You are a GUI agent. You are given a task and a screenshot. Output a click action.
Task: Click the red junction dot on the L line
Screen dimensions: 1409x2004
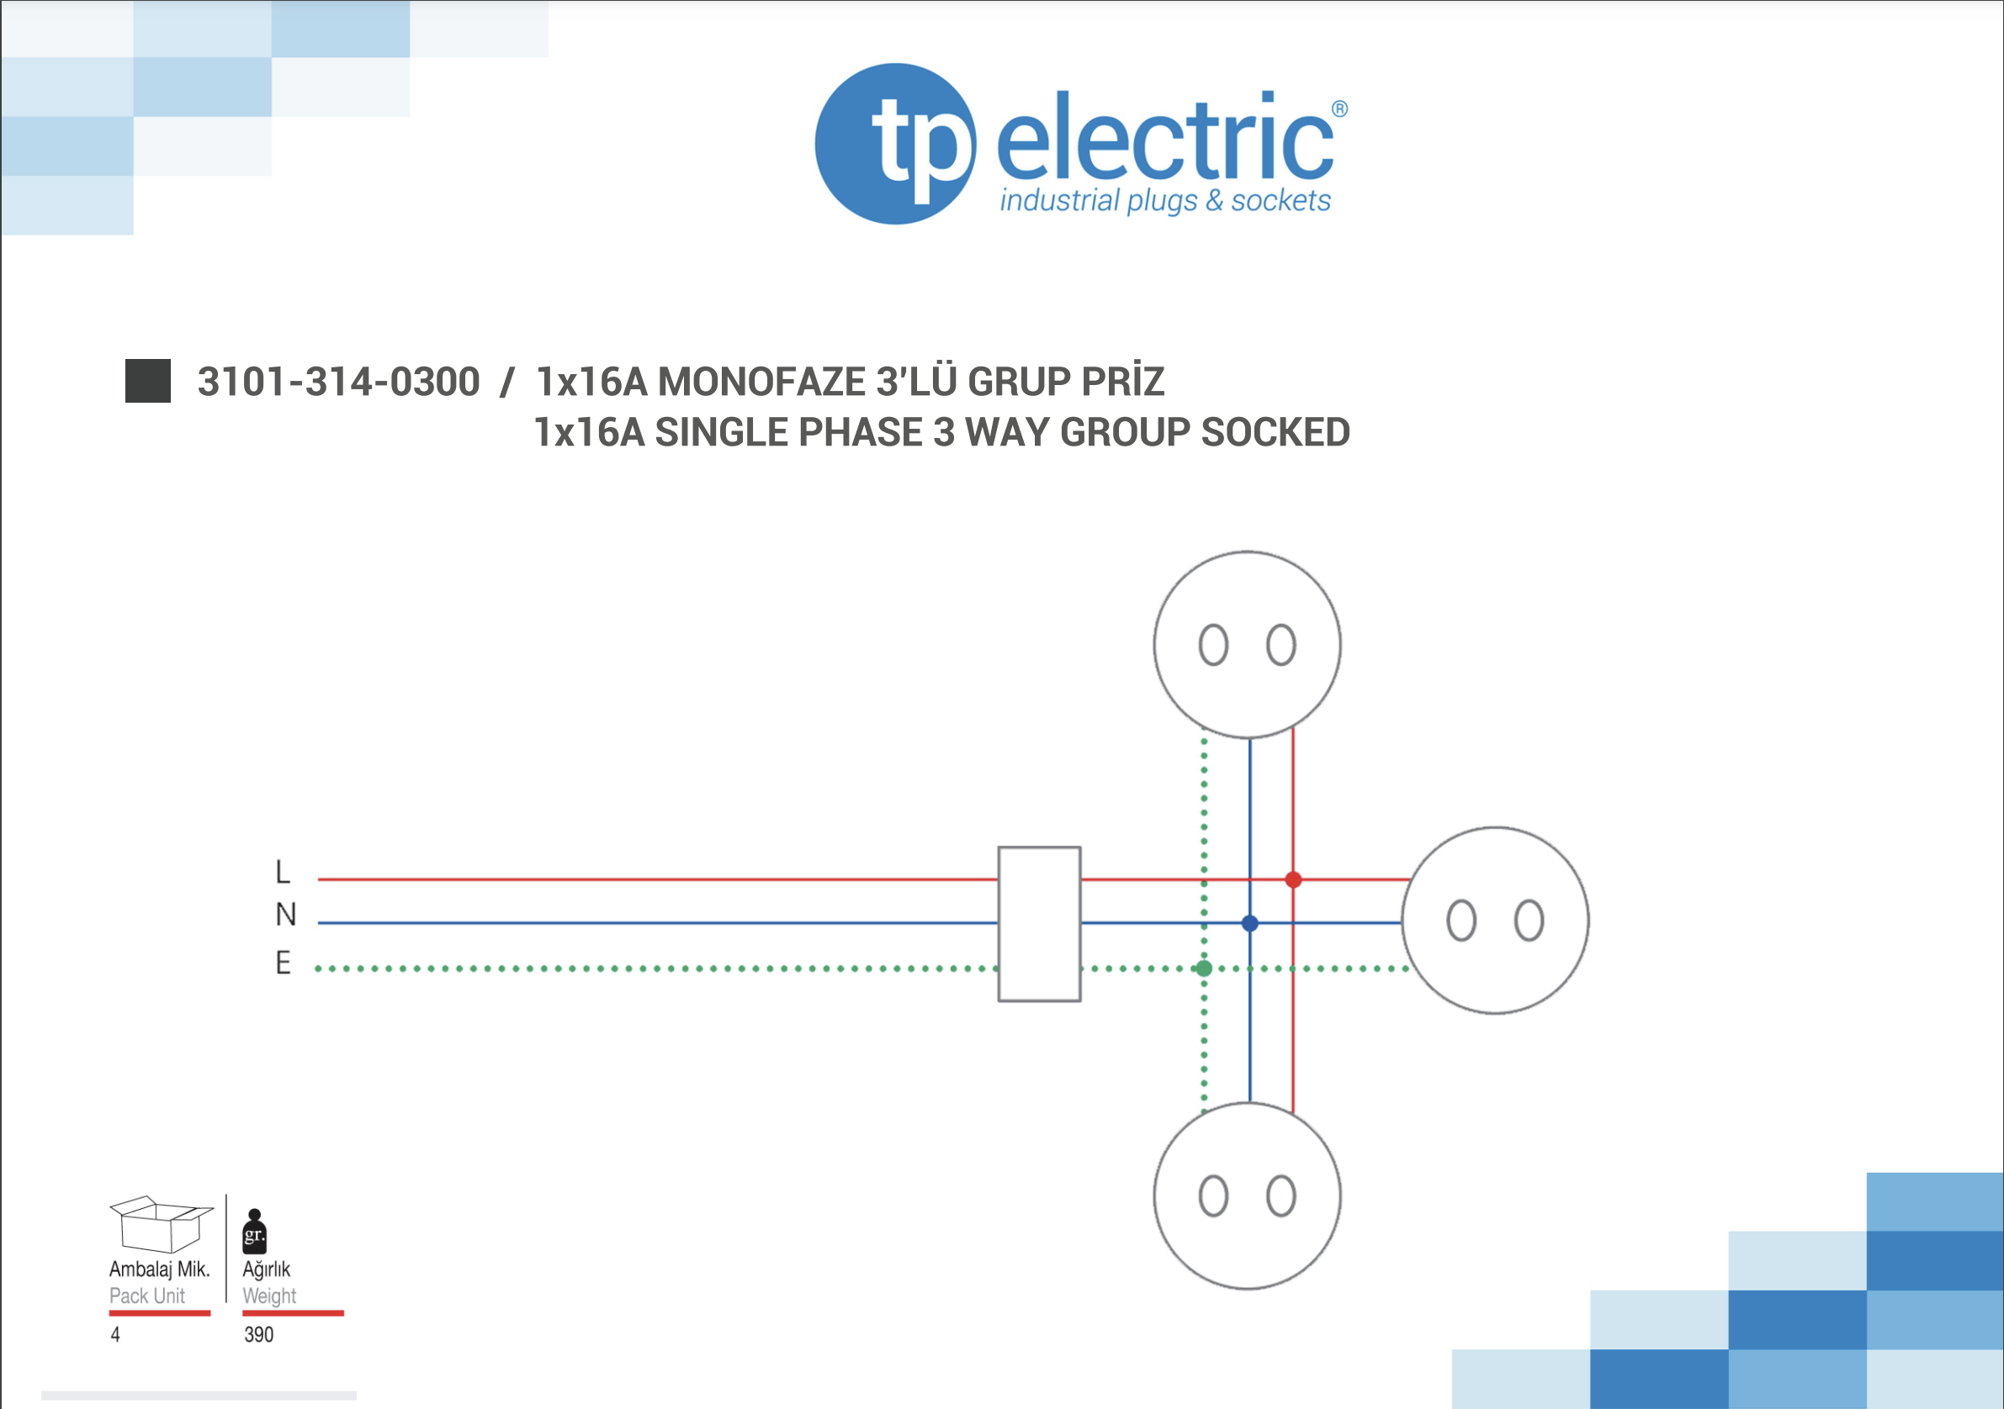pyautogui.click(x=1294, y=879)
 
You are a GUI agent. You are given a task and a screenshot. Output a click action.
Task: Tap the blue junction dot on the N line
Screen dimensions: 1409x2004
pyautogui.click(x=1250, y=923)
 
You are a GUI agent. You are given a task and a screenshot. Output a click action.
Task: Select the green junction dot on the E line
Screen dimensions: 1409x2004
pyautogui.click(x=1204, y=968)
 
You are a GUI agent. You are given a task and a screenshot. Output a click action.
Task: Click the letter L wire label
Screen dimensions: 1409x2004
pyautogui.click(x=282, y=872)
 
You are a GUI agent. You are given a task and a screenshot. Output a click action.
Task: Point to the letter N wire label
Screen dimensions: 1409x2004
pyautogui.click(x=285, y=915)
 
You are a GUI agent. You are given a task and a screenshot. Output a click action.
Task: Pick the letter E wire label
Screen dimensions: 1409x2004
pyautogui.click(x=283, y=963)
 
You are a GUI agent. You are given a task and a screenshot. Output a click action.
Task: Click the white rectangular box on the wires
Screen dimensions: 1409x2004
pyautogui.click(x=1039, y=924)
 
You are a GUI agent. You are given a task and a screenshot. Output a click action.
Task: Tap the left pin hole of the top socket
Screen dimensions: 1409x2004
pyautogui.click(x=1213, y=646)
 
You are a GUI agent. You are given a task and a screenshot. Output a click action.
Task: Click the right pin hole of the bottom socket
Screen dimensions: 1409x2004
pyautogui.click(x=1280, y=1196)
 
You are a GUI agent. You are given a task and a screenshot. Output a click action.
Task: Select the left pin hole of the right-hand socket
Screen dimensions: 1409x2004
pyautogui.click(x=1461, y=921)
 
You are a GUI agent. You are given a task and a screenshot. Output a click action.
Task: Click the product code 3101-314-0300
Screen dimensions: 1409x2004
pyautogui.click(x=339, y=383)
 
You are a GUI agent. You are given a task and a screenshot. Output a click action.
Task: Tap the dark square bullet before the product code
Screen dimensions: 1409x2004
pyautogui.click(x=147, y=382)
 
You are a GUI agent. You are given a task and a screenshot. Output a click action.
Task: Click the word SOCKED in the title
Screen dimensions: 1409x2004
pyautogui.click(x=1275, y=433)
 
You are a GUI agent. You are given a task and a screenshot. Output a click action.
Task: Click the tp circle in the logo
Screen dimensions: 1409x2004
pyautogui.click(x=895, y=144)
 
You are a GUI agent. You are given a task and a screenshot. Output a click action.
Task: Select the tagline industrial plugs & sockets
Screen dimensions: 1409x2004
pyautogui.click(x=1164, y=202)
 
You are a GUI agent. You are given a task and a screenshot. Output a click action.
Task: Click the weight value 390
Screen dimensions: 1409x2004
pyautogui.click(x=259, y=1335)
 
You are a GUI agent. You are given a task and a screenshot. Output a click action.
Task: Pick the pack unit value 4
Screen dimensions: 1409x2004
pyautogui.click(x=115, y=1335)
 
